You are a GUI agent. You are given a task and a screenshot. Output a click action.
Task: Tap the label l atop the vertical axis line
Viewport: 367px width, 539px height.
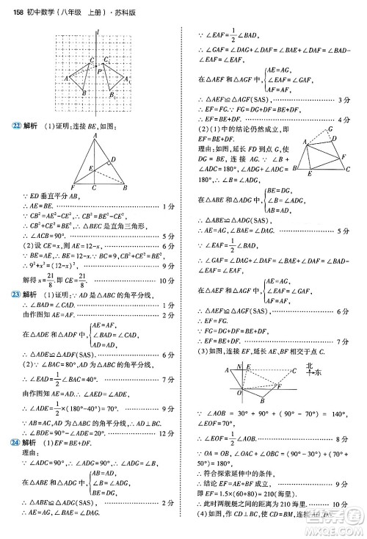pos(98,30)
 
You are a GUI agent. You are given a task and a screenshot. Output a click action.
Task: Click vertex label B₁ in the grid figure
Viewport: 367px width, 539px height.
pos(114,95)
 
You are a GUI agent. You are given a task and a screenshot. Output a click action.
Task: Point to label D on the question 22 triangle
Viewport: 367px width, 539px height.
pos(113,158)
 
